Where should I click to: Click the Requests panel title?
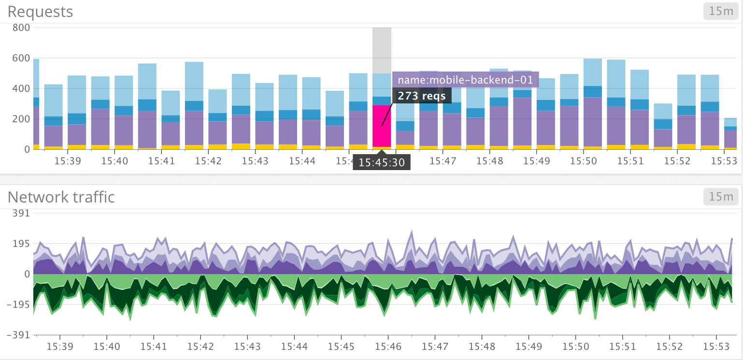click(x=40, y=12)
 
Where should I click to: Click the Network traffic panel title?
click(x=61, y=197)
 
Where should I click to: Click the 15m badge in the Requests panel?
click(x=721, y=12)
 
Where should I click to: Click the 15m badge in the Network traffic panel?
click(x=721, y=197)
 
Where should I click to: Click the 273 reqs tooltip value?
click(x=422, y=96)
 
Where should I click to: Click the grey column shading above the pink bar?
click(x=382, y=48)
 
